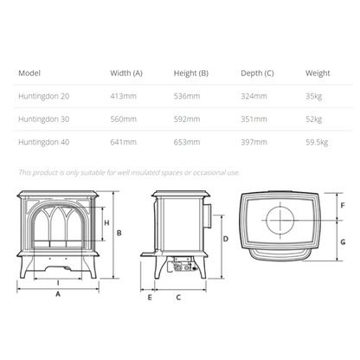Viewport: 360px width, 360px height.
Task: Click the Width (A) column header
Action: click(126, 74)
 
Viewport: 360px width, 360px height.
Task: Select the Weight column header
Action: click(318, 74)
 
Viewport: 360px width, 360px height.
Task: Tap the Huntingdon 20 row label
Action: click(44, 96)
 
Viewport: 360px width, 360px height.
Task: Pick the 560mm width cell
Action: click(123, 119)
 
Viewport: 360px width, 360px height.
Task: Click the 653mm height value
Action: click(187, 142)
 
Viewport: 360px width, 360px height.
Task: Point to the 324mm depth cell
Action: click(254, 96)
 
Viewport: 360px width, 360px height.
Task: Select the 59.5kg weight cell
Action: click(317, 142)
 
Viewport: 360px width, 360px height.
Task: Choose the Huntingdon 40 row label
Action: click(44, 142)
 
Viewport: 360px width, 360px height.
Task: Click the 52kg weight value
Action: click(314, 119)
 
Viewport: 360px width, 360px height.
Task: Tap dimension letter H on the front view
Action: click(106, 222)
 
